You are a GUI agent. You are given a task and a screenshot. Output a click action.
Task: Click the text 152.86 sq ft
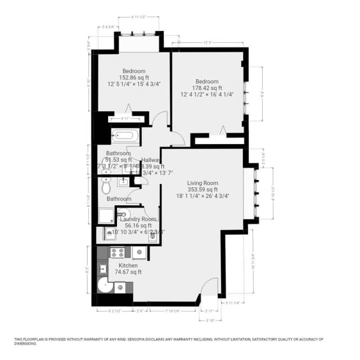pos(134,78)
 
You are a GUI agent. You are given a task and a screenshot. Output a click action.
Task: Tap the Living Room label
pos(202,182)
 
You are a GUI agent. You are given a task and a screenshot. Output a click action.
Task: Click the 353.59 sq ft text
pos(202,189)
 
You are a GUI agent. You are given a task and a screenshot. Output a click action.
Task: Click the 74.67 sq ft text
pos(128,272)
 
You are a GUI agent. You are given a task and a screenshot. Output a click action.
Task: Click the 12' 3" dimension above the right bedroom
pos(207,43)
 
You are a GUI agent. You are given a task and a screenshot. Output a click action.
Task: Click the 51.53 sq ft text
pos(119,160)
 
